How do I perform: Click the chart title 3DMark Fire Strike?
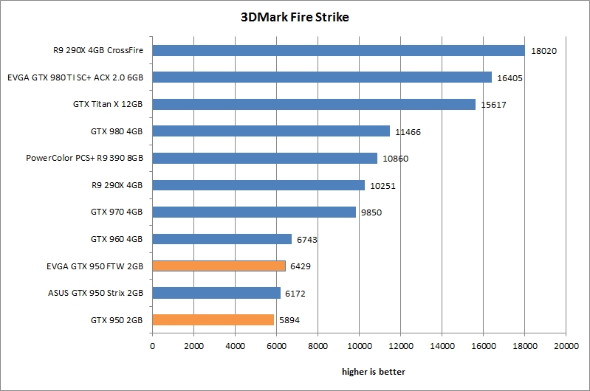(x=295, y=17)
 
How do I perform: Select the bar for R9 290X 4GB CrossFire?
(x=338, y=50)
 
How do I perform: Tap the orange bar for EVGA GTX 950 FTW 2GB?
(x=219, y=266)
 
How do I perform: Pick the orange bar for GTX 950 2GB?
(x=213, y=319)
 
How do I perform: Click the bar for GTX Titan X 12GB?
(x=314, y=104)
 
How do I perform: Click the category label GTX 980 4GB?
(x=117, y=131)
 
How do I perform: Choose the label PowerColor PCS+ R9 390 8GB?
(x=84, y=158)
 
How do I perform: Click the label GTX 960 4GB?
(x=117, y=239)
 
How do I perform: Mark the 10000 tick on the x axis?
(x=359, y=345)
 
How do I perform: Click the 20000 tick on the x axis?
(x=566, y=345)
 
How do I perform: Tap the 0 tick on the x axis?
(x=153, y=345)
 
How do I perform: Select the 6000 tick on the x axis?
(x=276, y=345)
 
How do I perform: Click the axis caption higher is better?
(x=373, y=371)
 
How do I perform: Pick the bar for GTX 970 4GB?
(x=254, y=212)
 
